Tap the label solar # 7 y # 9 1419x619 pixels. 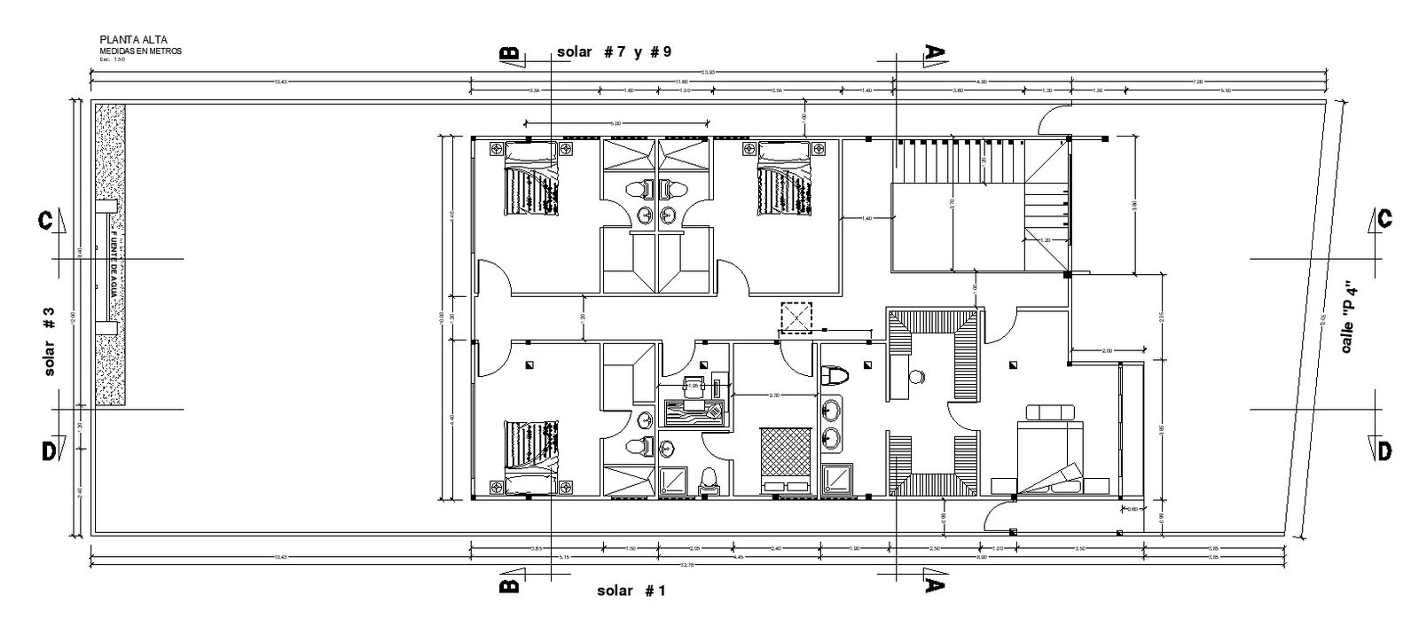(614, 51)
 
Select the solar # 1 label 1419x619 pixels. (631, 591)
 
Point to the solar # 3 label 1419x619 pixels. (49, 341)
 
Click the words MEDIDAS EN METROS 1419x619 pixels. (140, 51)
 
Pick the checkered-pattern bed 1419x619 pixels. (787, 458)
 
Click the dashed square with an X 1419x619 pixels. (796, 317)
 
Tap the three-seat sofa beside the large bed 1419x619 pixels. (1050, 412)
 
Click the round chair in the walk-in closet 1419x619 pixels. (916, 377)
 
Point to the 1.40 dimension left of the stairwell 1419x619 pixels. (866, 218)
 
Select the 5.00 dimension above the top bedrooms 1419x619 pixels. (615, 123)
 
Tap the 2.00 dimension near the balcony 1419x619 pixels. (1106, 351)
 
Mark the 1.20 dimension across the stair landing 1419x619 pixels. (1046, 239)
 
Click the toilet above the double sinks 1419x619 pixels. (835, 376)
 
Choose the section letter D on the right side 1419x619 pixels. (1384, 451)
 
